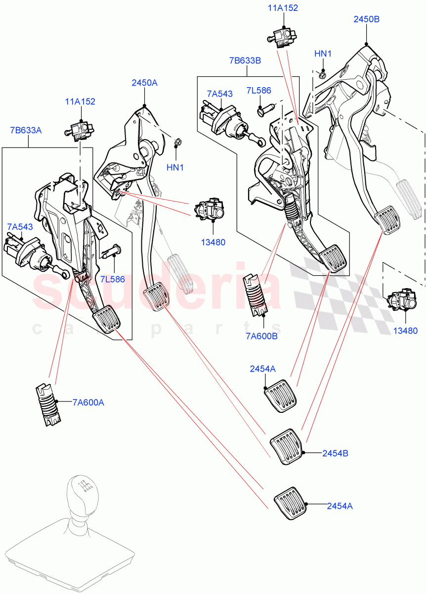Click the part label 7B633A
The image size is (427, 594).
26,130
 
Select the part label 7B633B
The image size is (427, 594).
245,60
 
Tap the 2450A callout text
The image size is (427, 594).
144,83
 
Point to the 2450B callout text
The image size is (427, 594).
366,19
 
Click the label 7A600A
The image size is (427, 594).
88,402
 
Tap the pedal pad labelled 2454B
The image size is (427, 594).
286,446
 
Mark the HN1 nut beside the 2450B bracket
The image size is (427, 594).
322,75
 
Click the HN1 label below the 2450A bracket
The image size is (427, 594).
175,167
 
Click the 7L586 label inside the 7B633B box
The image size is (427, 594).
259,91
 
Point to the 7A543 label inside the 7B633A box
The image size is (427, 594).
19,227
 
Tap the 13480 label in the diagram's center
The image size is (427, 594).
213,243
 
